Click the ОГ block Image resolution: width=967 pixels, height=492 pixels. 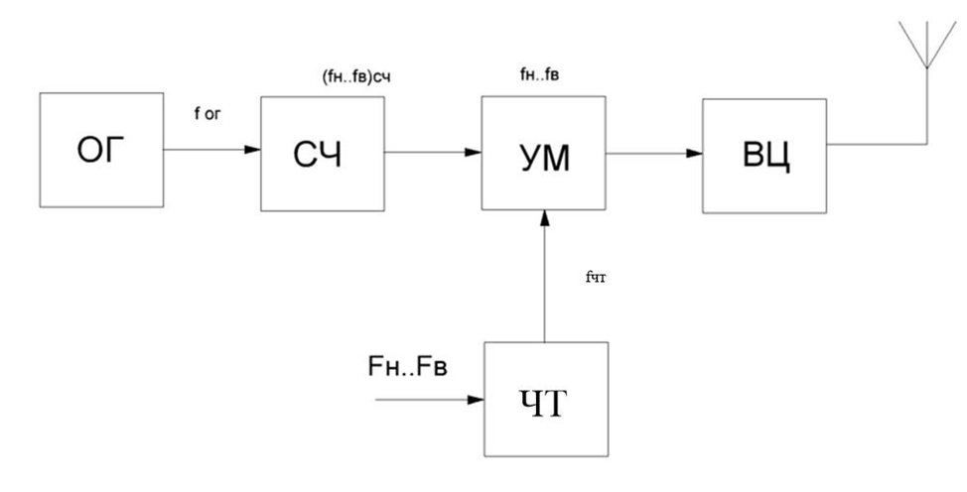(101, 152)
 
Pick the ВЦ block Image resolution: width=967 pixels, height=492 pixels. (764, 155)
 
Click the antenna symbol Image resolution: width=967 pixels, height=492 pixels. (925, 45)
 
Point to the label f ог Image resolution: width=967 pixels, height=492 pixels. (209, 114)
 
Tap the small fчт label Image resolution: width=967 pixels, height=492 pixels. (597, 279)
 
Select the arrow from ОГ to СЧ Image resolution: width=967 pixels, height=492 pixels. (211, 152)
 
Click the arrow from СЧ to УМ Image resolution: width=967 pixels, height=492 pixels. (433, 153)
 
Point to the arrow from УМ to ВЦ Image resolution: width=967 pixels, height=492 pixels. (653, 153)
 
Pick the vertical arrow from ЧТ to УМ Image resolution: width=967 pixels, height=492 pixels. (544, 278)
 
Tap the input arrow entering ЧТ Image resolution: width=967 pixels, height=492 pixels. (427, 401)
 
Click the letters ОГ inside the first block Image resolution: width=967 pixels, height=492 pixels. (101, 152)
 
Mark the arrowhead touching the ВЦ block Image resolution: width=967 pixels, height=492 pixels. (695, 153)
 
